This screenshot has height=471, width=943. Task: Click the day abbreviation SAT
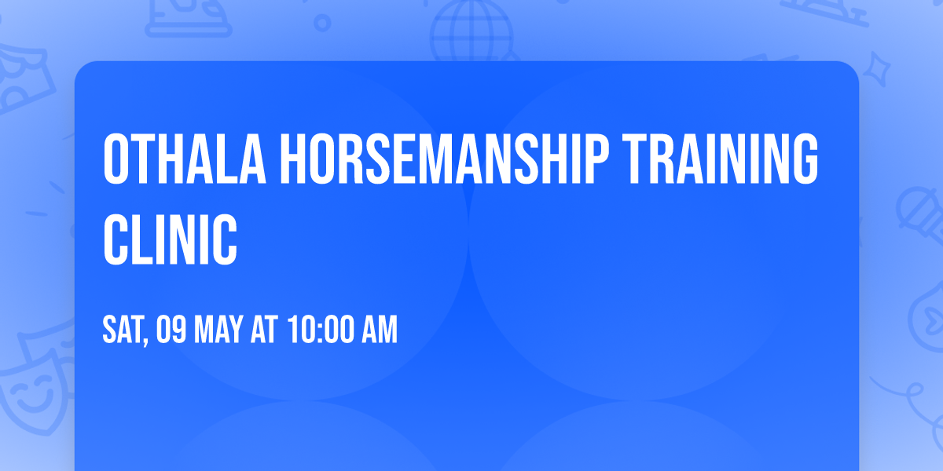[122, 330]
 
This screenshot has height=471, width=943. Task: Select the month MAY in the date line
[215, 330]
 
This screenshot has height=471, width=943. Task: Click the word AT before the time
[263, 330]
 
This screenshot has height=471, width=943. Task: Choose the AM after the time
[380, 330]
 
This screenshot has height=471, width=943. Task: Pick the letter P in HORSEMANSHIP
[596, 160]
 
